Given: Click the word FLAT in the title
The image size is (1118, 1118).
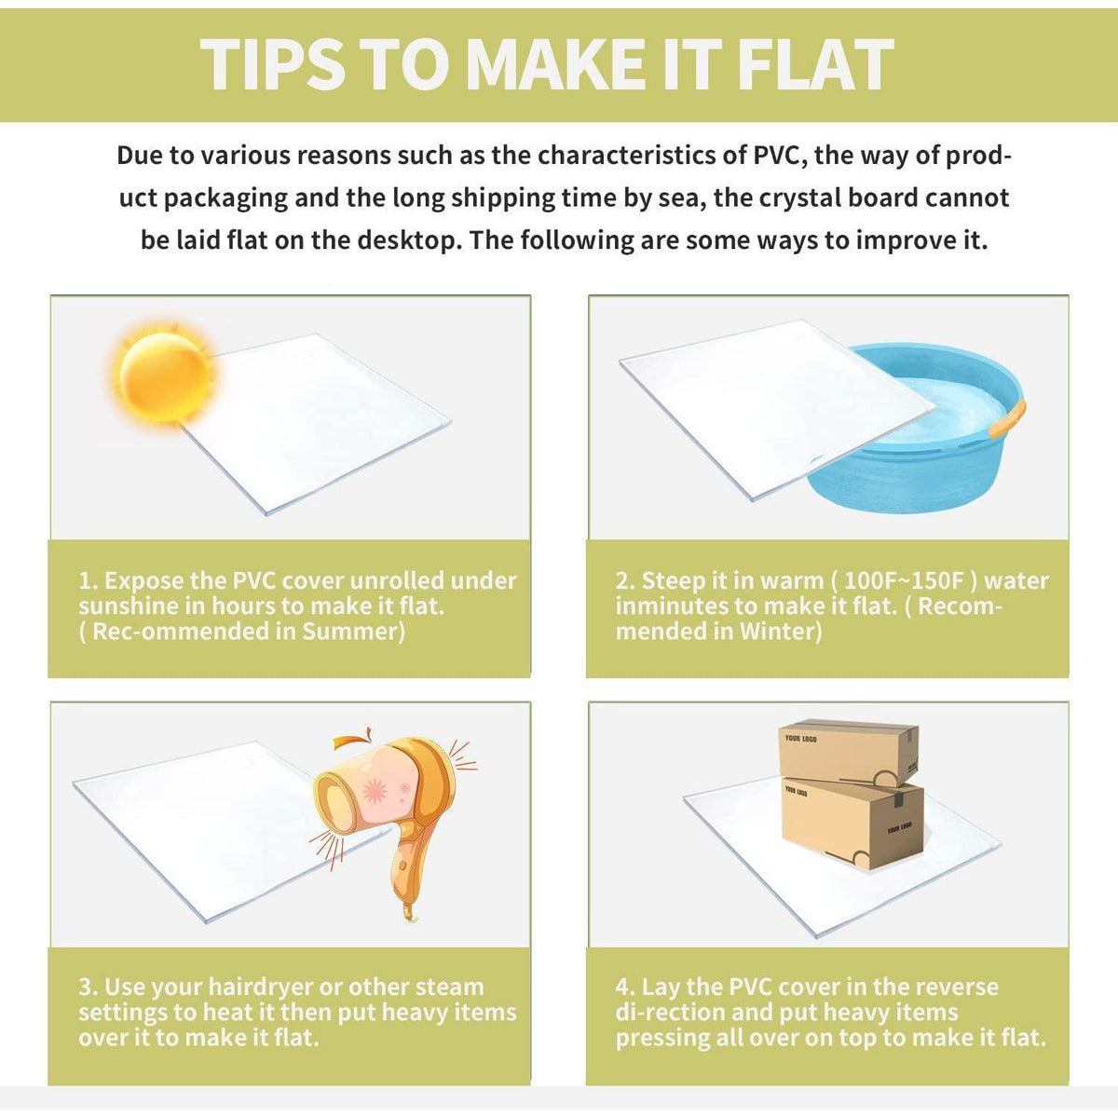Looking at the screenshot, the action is point(816,64).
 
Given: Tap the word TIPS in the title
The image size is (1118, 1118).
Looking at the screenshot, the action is point(272,64).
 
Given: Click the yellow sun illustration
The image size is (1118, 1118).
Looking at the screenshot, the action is point(164,376).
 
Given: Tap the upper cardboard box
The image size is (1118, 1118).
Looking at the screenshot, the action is point(848,751).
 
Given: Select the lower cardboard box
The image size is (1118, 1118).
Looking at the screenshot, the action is point(852,823).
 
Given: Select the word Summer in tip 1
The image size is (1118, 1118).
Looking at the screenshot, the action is point(353,632).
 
